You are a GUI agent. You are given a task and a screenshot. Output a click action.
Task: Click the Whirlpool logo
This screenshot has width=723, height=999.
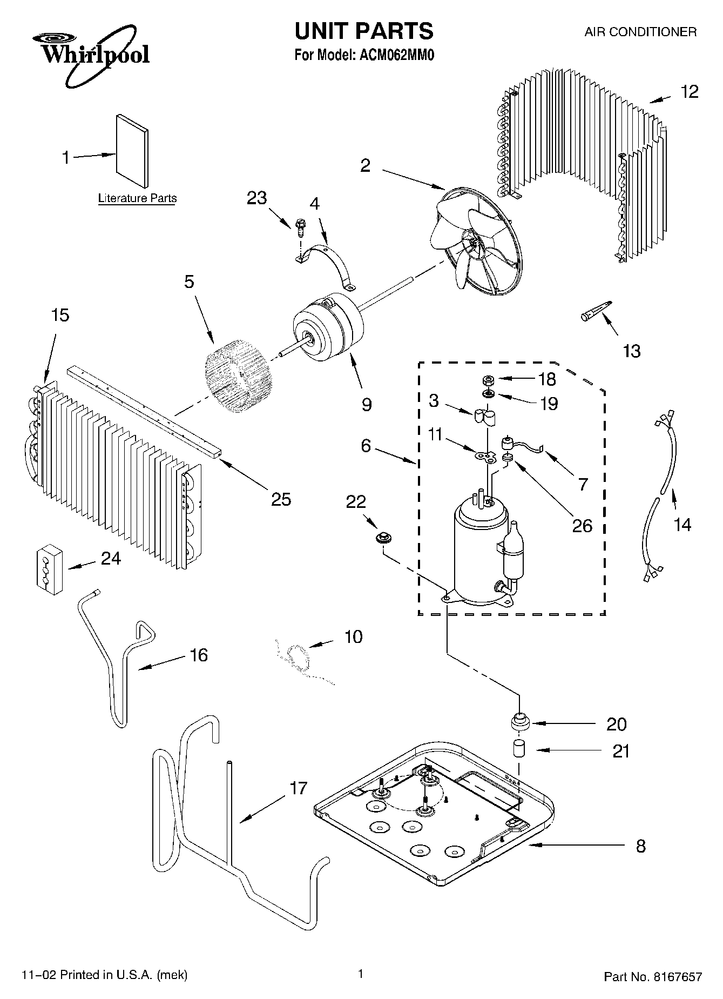[x=91, y=54]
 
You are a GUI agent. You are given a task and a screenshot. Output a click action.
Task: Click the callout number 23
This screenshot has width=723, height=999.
[x=257, y=198]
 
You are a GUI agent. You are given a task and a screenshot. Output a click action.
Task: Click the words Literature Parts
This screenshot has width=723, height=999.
[x=137, y=198]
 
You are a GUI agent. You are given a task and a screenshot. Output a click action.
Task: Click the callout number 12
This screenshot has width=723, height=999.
[x=689, y=92]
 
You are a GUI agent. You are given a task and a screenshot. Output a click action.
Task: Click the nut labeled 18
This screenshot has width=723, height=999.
[x=486, y=380]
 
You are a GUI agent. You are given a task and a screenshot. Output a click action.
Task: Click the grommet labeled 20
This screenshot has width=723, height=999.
[x=520, y=720]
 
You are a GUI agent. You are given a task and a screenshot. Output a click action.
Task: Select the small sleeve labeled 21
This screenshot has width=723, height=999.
[x=519, y=749]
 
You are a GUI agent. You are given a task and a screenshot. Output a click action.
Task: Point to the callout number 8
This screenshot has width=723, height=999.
[x=640, y=846]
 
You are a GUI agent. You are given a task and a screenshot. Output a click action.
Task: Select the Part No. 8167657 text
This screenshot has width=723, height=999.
[x=653, y=976]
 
